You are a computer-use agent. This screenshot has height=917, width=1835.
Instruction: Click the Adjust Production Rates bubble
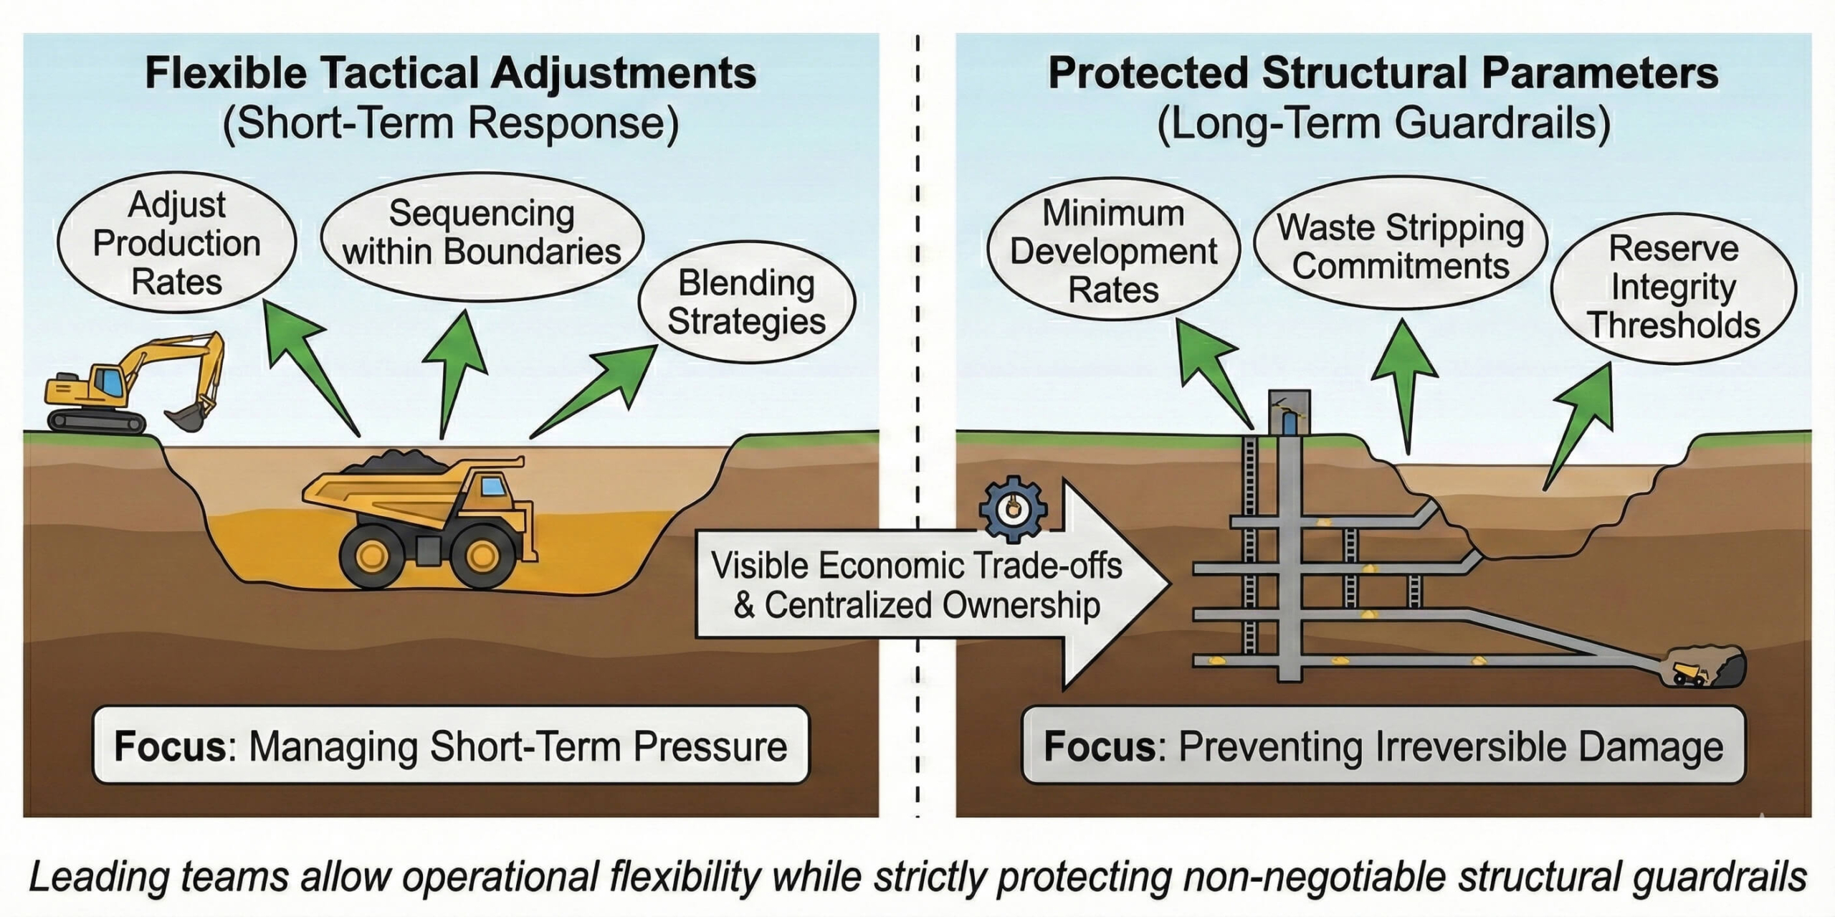(176, 243)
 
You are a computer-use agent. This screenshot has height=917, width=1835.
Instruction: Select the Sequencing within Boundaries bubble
(482, 233)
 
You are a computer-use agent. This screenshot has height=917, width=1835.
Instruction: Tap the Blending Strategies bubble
(746, 302)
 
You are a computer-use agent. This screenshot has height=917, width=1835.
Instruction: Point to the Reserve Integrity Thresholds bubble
(1673, 287)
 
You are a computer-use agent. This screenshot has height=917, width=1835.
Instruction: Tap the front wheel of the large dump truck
(482, 554)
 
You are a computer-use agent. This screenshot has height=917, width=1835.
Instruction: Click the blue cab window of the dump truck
(493, 486)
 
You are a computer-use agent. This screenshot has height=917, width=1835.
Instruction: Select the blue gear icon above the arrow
(1013, 508)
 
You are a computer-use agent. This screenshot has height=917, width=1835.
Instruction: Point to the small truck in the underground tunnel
(1689, 673)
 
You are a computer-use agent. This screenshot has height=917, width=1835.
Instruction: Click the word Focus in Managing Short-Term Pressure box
(171, 746)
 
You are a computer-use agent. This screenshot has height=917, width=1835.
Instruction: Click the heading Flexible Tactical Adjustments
(450, 73)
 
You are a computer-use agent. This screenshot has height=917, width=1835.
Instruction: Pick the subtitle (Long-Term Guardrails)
(1383, 123)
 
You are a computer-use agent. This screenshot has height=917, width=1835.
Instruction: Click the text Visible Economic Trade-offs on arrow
(916, 565)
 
